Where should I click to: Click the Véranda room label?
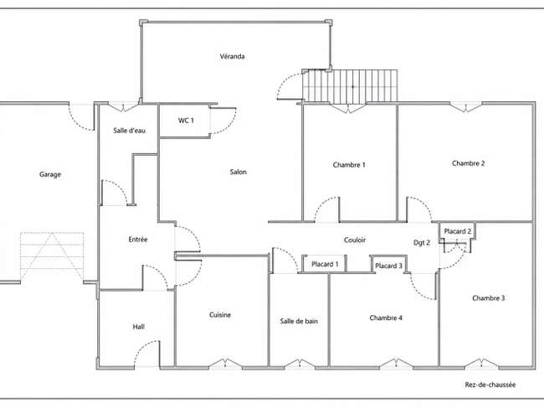coord(232,56)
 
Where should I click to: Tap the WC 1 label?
coord(186,121)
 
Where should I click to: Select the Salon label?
coord(238,172)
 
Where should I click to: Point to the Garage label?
coord(50,174)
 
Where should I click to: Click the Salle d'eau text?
coord(130,131)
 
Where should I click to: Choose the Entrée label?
coord(138,240)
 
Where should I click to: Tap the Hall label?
coord(138,327)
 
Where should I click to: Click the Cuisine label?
coord(220,315)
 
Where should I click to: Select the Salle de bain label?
coord(299,321)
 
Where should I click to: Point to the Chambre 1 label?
coord(349,164)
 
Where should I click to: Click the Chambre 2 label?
coord(468,163)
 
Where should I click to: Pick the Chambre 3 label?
coord(489,298)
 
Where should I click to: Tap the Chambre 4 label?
coord(386,318)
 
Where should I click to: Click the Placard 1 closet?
coord(325,264)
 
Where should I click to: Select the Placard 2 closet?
coord(457,231)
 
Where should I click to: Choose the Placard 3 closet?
coord(388,265)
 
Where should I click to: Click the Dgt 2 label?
coord(422,243)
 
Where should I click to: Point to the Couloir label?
coord(355,240)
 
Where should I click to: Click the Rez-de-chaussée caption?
coord(490,385)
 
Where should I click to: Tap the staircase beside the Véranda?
coord(350,87)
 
